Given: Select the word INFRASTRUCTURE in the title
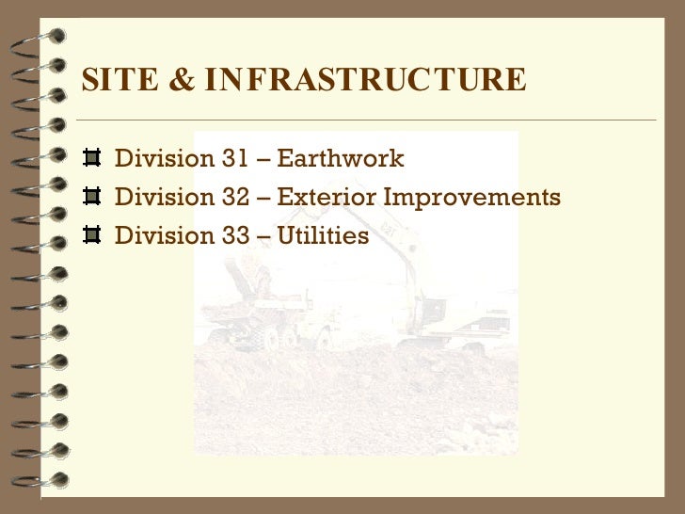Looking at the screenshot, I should tap(365, 81).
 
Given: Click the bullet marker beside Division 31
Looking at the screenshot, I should tap(91, 158).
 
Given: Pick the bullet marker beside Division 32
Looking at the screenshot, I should tap(91, 198).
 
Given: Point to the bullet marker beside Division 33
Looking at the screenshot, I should tap(91, 236).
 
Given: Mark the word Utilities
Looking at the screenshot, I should tap(323, 236).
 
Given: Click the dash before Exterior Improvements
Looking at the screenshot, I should tap(263, 199).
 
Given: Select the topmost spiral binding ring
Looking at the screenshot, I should tap(42, 38).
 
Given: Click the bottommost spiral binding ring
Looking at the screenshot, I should tap(42, 483).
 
